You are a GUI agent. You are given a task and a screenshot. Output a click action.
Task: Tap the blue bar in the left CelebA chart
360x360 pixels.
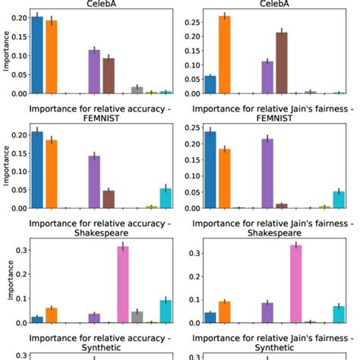[36, 55]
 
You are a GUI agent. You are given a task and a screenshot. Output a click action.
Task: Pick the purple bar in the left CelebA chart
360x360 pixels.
[94, 71]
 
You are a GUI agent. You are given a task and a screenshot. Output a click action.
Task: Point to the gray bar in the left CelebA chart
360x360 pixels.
[137, 90]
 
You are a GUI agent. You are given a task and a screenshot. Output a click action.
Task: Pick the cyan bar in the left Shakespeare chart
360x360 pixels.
[166, 311]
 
